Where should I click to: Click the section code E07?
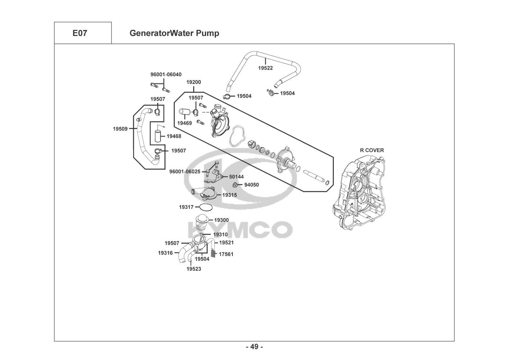click(x=80, y=33)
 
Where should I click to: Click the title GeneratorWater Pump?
click(x=174, y=33)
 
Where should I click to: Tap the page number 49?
click(x=254, y=347)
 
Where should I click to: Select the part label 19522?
click(x=265, y=68)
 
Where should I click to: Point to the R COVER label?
click(x=372, y=150)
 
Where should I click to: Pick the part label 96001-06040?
click(x=166, y=75)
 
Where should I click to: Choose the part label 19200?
click(x=194, y=82)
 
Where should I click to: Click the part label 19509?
click(x=120, y=129)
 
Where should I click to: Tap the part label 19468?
click(x=174, y=136)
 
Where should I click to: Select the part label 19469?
click(x=184, y=123)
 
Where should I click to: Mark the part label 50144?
click(x=236, y=177)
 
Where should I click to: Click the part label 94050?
click(x=251, y=185)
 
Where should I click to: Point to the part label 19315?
click(x=229, y=195)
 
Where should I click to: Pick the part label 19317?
click(x=186, y=207)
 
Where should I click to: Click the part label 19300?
click(x=221, y=220)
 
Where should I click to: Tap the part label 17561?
click(x=226, y=254)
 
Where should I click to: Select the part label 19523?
click(x=194, y=269)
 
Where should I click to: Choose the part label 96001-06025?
click(x=185, y=172)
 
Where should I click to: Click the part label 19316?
click(x=165, y=253)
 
